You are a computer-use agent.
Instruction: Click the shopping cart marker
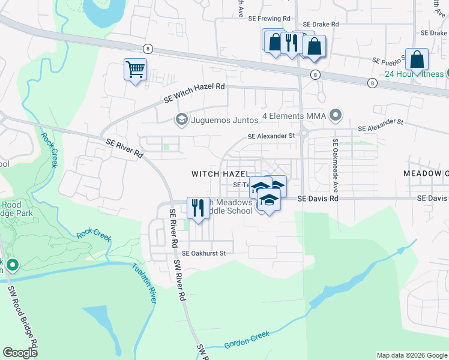tap(135, 70)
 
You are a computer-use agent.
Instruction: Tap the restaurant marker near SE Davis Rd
tap(198, 208)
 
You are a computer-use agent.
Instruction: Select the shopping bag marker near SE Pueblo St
tap(417, 60)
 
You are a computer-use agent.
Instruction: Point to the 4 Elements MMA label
tap(294, 115)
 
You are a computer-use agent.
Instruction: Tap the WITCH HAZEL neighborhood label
tap(220, 173)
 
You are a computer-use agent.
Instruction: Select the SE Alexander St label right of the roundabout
tap(381, 125)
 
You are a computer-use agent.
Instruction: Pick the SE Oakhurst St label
tap(207, 253)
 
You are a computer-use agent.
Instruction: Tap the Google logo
tap(20, 352)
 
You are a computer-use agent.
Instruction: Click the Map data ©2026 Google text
tap(411, 355)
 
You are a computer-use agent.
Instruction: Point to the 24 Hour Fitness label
tap(414, 74)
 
